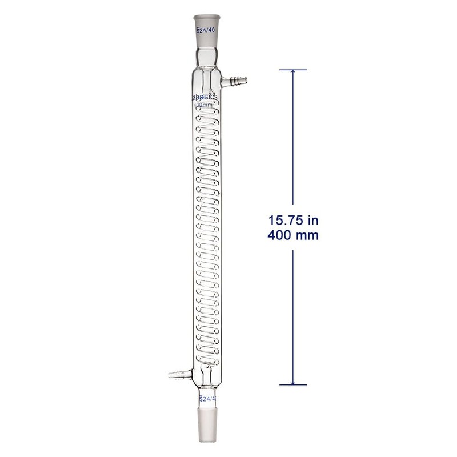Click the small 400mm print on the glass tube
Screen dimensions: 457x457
click(205, 106)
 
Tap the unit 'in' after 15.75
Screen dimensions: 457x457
click(312, 220)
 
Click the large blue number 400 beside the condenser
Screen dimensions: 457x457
click(282, 235)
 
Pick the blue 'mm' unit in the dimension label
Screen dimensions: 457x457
click(308, 235)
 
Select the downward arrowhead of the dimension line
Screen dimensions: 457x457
click(293, 380)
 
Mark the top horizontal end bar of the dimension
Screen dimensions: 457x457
click(293, 70)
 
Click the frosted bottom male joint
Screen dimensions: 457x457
click(206, 423)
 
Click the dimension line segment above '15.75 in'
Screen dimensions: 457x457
click(293, 143)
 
